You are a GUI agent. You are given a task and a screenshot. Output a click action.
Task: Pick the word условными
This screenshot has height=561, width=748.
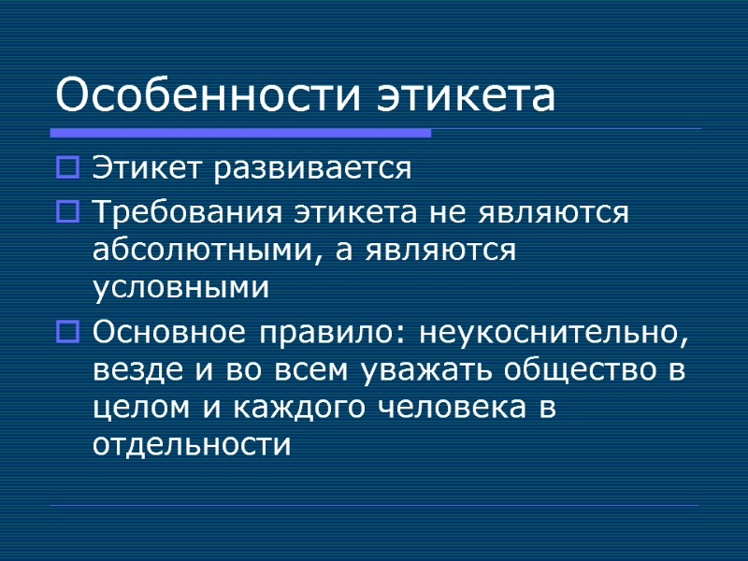click(x=180, y=289)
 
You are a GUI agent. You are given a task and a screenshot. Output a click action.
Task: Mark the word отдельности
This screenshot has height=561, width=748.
click(x=193, y=445)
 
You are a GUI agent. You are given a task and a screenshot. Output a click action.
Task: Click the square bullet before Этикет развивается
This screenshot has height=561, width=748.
click(x=69, y=170)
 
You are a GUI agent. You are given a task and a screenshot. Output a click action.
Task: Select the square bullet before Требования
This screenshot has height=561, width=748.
click(x=69, y=213)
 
